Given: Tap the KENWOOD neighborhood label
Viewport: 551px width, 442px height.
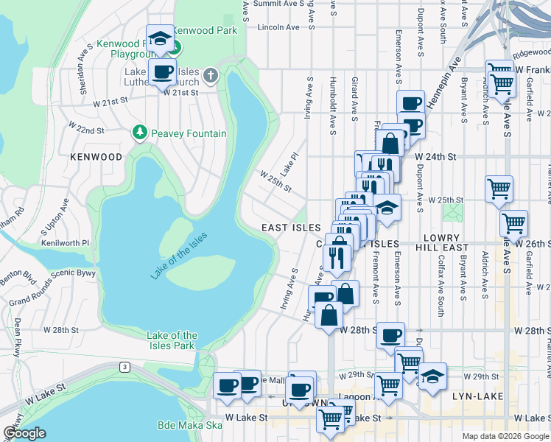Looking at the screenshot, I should click(x=96, y=157).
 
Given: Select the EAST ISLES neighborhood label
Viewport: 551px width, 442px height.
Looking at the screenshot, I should click(x=291, y=228).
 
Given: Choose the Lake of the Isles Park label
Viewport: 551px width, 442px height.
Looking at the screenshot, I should click(x=171, y=340).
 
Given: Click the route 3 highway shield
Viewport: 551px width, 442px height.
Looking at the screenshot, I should click(x=126, y=367).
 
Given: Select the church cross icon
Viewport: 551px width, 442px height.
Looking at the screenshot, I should click(x=211, y=75).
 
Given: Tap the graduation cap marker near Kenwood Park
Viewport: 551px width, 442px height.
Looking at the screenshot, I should click(x=160, y=38).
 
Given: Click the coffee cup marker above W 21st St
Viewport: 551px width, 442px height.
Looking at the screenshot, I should click(x=162, y=72).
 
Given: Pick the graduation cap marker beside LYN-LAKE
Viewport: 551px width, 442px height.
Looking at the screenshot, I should click(x=434, y=376).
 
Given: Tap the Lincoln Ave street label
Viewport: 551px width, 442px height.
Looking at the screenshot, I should click(x=279, y=27).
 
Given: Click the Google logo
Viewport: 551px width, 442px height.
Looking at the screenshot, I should click(x=24, y=433).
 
